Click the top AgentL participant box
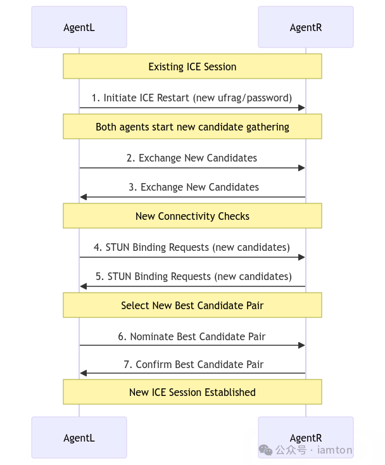pyautogui.click(x=79, y=27)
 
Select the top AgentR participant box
pyautogui.click(x=306, y=27)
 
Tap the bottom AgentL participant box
pyautogui.click(x=79, y=437)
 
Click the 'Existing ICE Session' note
pyautogui.click(x=192, y=67)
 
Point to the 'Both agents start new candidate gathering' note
pyautogui.click(x=192, y=127)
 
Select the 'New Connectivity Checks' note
pyautogui.click(x=192, y=216)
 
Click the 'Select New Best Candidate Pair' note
pyautogui.click(x=192, y=305)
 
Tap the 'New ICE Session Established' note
pyautogui.click(x=192, y=392)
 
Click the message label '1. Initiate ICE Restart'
pyautogui.click(x=192, y=98)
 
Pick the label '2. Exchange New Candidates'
pyautogui.click(x=192, y=158)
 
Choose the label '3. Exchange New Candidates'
pyautogui.click(x=193, y=187)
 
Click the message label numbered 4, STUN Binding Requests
pyautogui.click(x=192, y=247)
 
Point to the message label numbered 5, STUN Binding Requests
pyautogui.click(x=193, y=276)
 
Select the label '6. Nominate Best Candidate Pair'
pyautogui.click(x=192, y=336)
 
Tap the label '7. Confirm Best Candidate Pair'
pyautogui.click(x=193, y=364)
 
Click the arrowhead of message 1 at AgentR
pyautogui.click(x=303, y=108)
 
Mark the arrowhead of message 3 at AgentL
pyautogui.click(x=83, y=197)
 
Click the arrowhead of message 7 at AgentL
pyautogui.click(x=83, y=373)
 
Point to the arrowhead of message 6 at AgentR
pyautogui.click(x=303, y=345)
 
